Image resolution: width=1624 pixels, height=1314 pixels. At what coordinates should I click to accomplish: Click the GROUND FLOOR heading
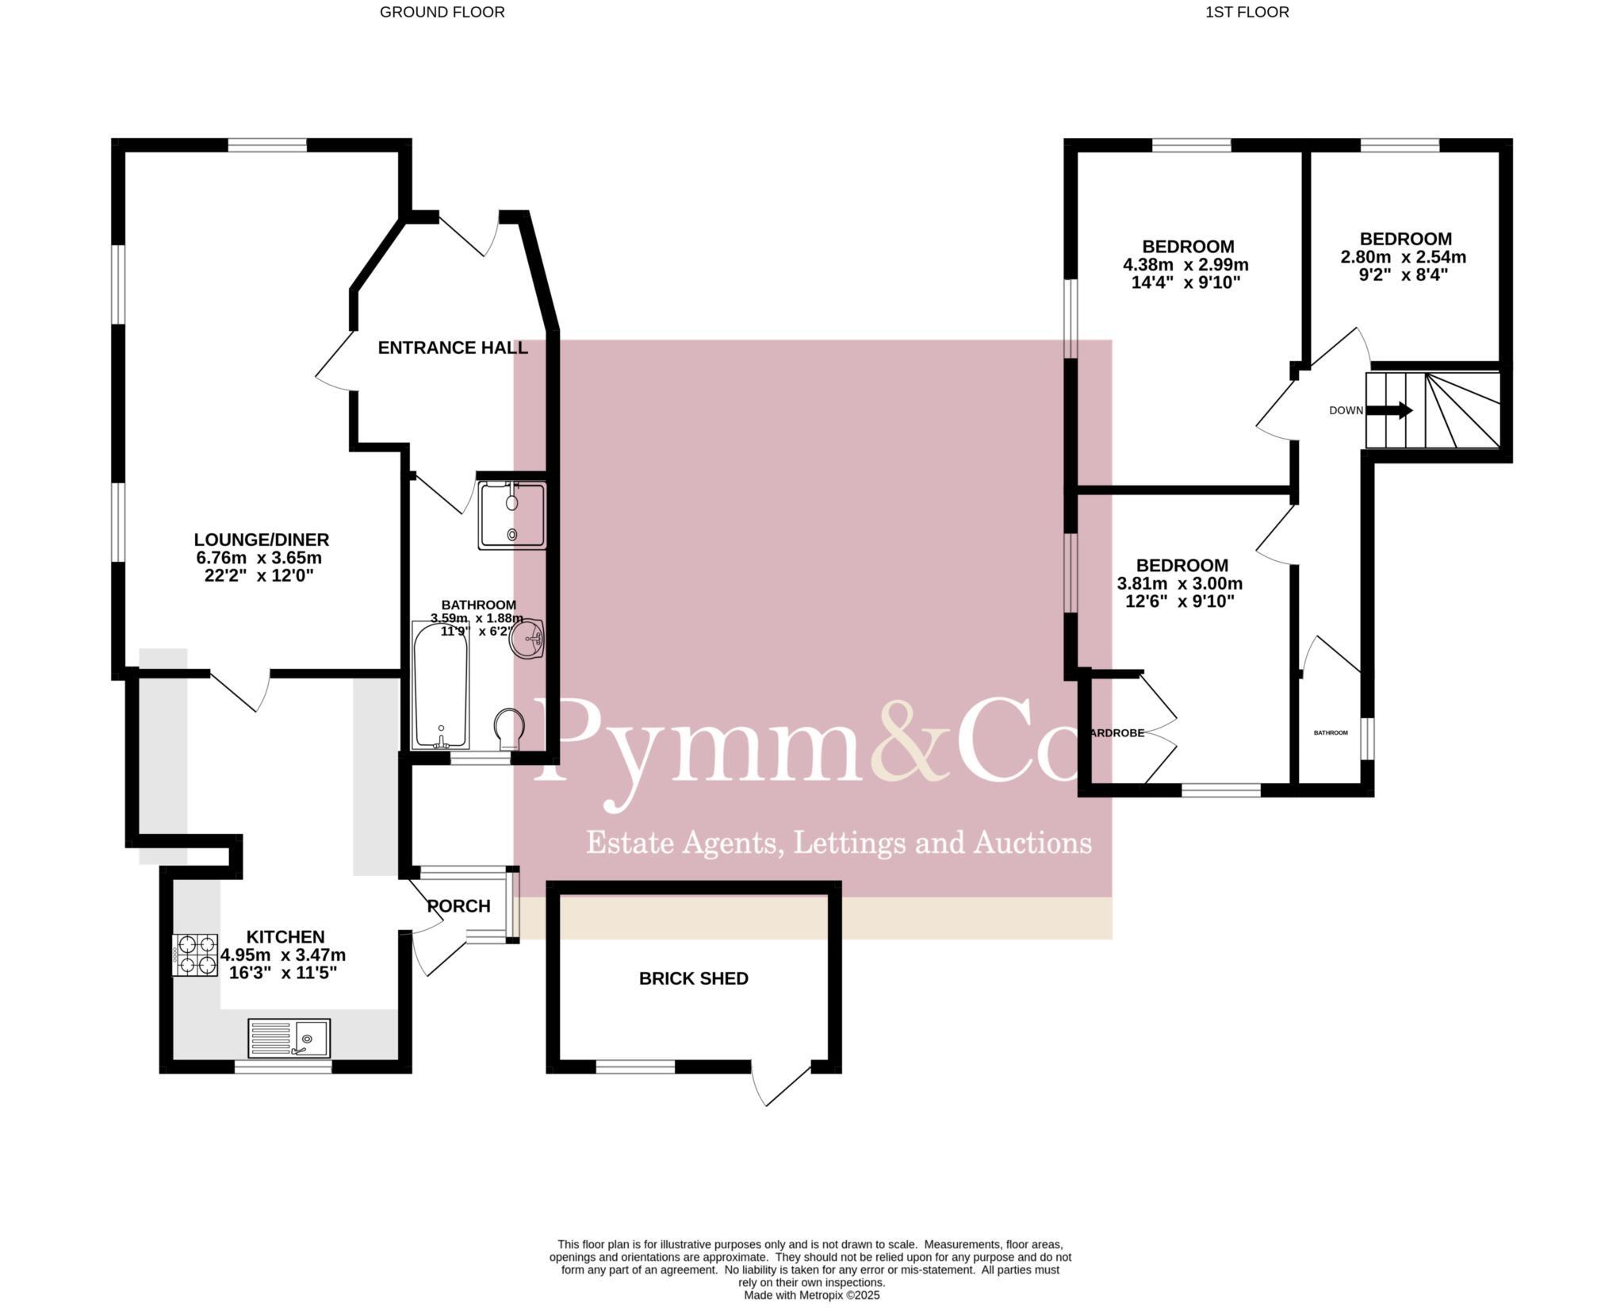[x=442, y=12]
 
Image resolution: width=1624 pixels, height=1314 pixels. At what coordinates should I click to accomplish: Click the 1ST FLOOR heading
[x=1247, y=12]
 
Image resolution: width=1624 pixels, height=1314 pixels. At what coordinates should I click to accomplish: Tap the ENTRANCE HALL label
[x=452, y=348]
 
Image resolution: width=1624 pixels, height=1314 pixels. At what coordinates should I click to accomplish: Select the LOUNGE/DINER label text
[x=262, y=540]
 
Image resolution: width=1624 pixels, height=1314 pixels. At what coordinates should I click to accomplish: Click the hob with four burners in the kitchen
[x=195, y=955]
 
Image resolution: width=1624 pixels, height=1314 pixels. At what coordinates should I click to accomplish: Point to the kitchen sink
[x=289, y=1038]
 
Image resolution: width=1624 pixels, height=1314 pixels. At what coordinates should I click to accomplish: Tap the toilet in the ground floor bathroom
[x=509, y=728]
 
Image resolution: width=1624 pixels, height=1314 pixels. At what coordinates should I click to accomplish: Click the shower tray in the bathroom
[x=512, y=516]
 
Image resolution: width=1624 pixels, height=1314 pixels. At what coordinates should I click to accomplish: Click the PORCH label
[x=458, y=906]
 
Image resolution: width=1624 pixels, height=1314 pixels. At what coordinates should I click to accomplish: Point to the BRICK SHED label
[x=693, y=978]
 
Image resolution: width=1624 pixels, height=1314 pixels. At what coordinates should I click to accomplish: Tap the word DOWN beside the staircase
[x=1346, y=410]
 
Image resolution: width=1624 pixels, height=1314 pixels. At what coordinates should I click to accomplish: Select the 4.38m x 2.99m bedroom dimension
[x=1185, y=264]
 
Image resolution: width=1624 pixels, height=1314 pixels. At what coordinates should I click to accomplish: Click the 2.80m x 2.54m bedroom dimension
[x=1403, y=257]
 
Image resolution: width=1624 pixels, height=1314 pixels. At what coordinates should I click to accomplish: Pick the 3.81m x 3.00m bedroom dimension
[x=1179, y=584]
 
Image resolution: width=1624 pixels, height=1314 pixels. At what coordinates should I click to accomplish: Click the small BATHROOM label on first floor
[x=1331, y=732]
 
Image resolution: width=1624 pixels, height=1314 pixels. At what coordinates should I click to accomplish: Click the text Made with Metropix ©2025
[x=811, y=1295]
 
